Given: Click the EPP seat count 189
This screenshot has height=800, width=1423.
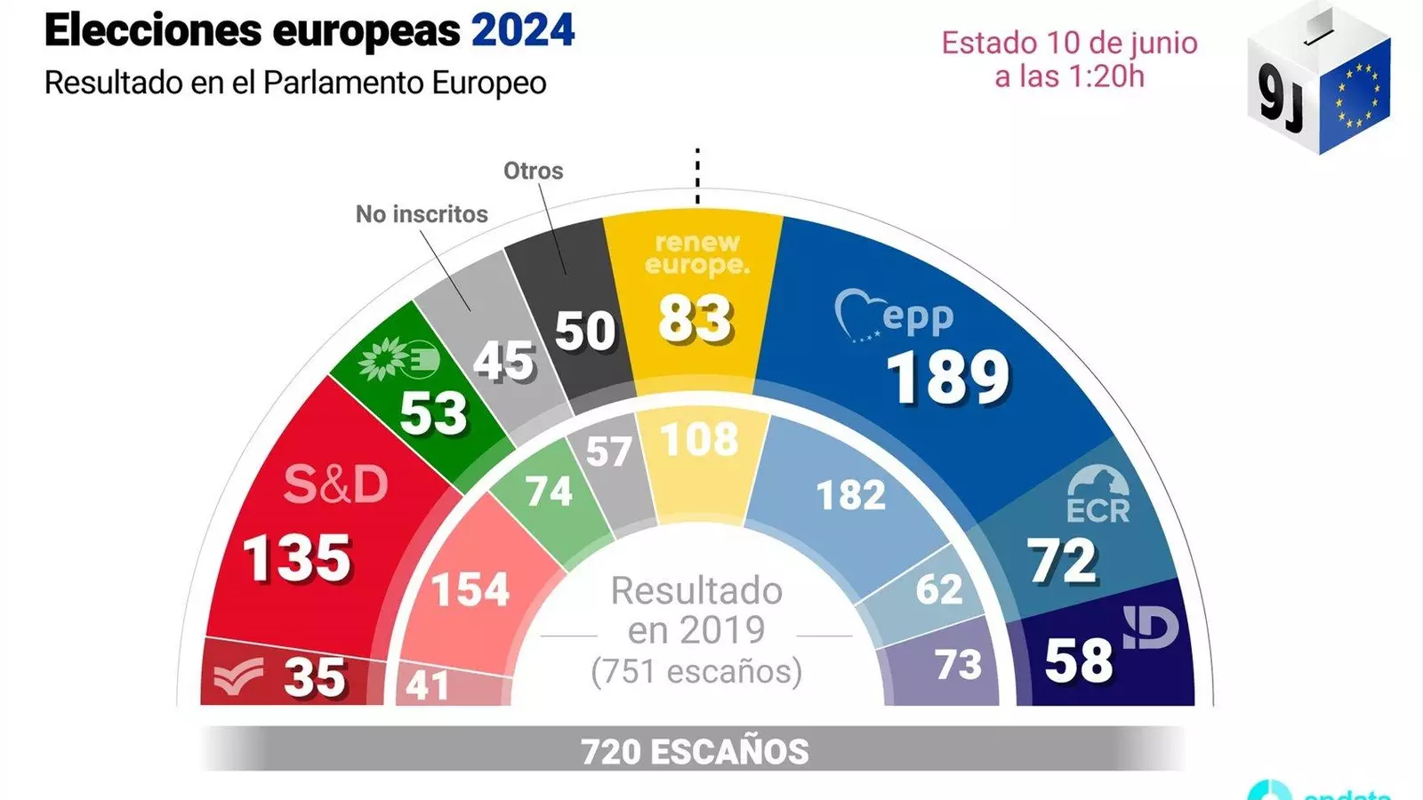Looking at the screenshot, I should (948, 377).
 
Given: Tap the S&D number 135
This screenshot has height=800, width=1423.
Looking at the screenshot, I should (297, 559).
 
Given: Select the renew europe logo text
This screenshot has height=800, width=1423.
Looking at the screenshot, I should (697, 253).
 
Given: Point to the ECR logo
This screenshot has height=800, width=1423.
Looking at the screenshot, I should (1097, 495).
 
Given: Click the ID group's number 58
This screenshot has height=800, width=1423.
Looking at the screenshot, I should (1078, 660).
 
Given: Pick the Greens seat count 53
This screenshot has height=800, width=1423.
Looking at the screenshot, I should (433, 412).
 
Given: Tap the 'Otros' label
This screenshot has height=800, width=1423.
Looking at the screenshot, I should (533, 171).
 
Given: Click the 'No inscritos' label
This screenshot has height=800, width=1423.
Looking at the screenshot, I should (422, 214).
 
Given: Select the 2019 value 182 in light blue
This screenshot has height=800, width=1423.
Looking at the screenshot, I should (851, 495).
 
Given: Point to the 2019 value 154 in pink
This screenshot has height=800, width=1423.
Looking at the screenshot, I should (470, 589).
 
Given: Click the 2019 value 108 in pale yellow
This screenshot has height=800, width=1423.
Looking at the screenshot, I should (700, 439).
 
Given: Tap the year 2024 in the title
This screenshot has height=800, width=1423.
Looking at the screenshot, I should (523, 31).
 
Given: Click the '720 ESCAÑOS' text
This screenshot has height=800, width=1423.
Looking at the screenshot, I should (695, 752).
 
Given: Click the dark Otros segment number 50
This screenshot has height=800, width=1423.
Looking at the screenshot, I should (584, 331).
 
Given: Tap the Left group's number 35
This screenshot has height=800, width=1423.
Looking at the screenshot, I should (315, 677).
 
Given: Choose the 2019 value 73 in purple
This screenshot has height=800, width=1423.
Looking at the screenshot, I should (958, 664).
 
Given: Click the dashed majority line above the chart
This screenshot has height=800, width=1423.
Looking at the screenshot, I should (697, 177).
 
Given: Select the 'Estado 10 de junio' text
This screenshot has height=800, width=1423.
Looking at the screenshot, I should (1069, 43).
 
